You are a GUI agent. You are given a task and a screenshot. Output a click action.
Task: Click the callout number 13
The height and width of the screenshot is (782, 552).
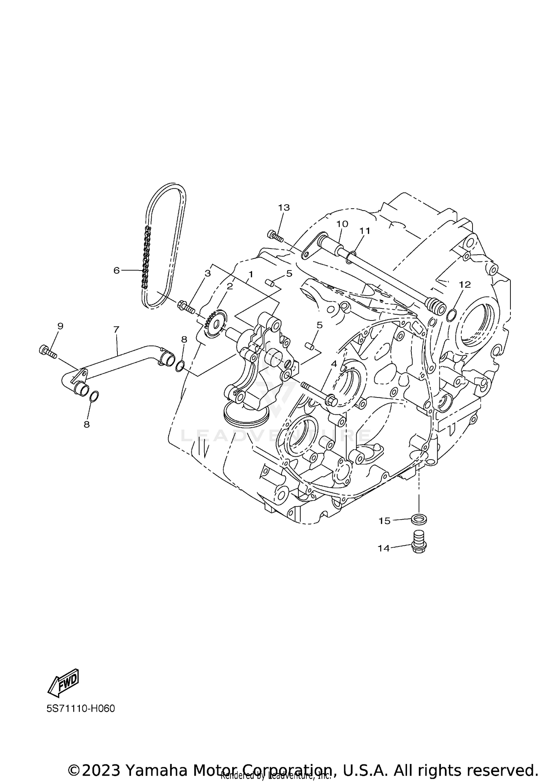pyautogui.click(x=284, y=208)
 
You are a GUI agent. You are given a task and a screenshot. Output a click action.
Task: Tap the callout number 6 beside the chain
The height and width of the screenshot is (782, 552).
pyautogui.click(x=117, y=270)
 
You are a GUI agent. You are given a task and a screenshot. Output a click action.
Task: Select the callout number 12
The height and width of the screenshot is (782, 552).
pyautogui.click(x=465, y=284)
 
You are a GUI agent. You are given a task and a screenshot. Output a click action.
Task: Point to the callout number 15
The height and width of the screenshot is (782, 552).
pyautogui.click(x=385, y=521)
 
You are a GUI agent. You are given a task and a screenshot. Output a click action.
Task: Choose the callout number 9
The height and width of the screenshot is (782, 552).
pyautogui.click(x=60, y=326)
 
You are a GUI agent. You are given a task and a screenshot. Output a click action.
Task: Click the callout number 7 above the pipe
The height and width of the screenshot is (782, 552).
pyautogui.click(x=117, y=329)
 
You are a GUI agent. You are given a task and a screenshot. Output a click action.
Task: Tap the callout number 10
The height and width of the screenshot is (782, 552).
pyautogui.click(x=342, y=224)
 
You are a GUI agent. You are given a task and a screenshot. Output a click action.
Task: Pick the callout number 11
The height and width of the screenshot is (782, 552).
pyautogui.click(x=365, y=231)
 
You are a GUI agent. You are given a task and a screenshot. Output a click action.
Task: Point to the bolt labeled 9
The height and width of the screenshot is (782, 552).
pyautogui.click(x=47, y=351)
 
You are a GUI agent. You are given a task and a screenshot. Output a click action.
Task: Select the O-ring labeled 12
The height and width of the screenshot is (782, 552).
pyautogui.click(x=452, y=315)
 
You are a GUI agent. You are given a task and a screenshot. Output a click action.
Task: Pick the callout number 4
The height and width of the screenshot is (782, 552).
pyautogui.click(x=334, y=364)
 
